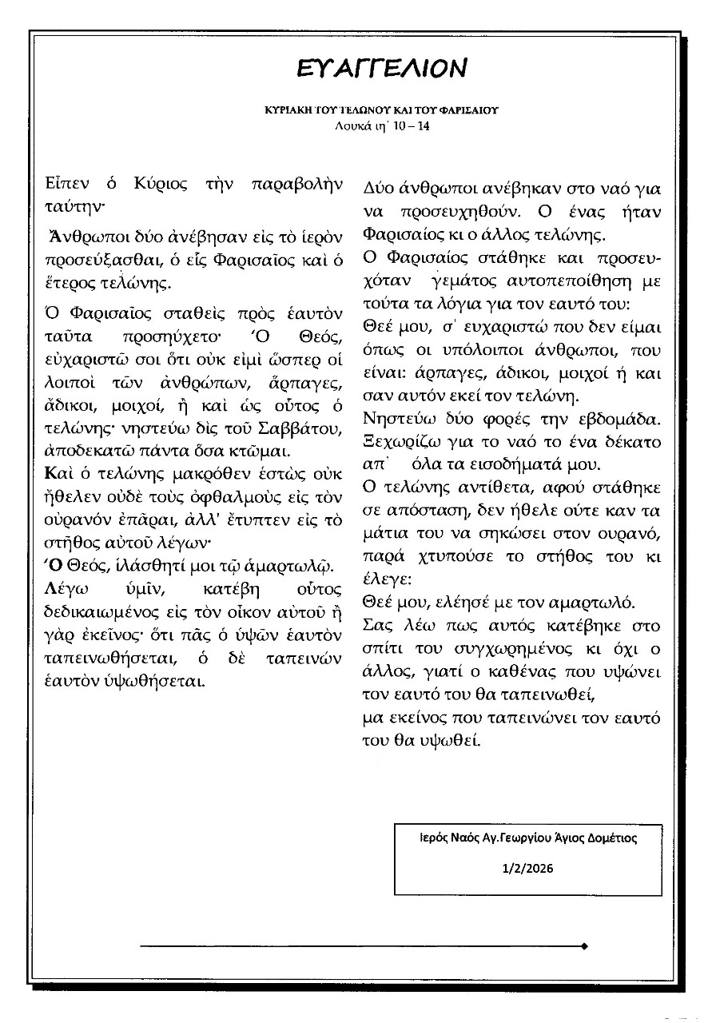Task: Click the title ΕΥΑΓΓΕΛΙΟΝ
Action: [380, 70]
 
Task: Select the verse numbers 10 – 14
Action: [412, 125]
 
